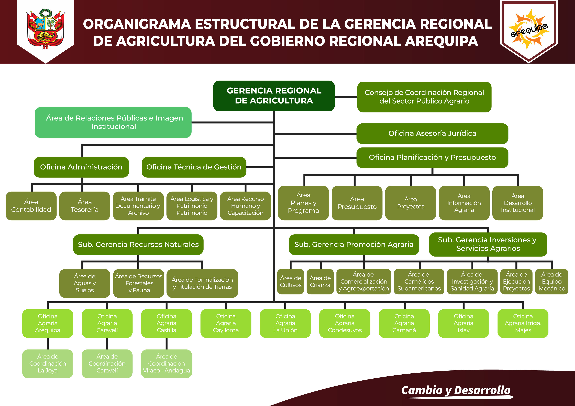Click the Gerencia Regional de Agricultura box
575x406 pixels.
(274, 96)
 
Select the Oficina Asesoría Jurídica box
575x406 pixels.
(432, 133)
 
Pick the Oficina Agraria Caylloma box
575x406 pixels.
(226, 323)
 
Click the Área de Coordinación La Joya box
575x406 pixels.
(48, 363)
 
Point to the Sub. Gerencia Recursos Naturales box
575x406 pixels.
(138, 244)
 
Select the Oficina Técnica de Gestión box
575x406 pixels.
(194, 167)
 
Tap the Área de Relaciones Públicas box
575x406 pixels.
(113, 122)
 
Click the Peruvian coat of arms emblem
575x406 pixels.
(46, 29)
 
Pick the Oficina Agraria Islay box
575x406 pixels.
(463, 323)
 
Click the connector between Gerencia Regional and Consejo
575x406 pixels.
(346, 97)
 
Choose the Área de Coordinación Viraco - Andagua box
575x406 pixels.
(166, 363)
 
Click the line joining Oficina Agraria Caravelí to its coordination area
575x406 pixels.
(107, 343)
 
